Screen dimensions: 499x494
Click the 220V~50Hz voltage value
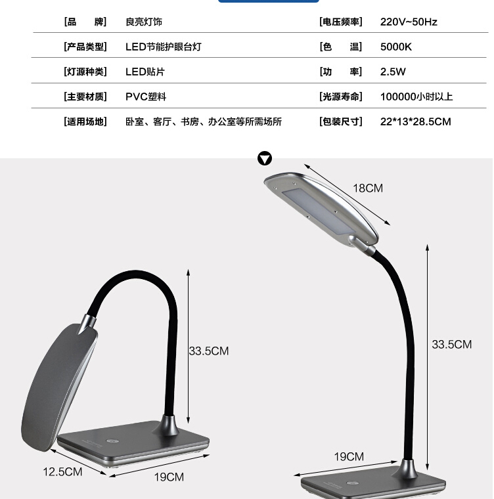[x=409, y=22]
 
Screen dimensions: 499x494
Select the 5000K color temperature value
[x=396, y=47]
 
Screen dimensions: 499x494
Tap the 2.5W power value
[x=393, y=72]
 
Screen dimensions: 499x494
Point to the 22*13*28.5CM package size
[x=415, y=121]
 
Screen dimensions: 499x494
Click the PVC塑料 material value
[x=146, y=97]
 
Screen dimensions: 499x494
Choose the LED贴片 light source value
[x=145, y=72]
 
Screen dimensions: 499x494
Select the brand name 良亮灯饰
[x=144, y=22]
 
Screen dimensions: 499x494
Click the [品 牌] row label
[x=85, y=22]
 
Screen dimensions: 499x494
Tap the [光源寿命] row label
[x=340, y=97]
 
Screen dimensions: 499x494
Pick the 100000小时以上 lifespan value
[x=416, y=97]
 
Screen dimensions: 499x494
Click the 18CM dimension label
[x=368, y=188]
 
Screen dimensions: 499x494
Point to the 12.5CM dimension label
[x=63, y=471]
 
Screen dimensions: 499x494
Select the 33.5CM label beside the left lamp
[x=209, y=351]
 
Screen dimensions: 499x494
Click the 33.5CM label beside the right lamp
[x=452, y=345]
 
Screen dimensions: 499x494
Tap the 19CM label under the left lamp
[x=169, y=477]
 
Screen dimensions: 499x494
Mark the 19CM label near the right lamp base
[x=349, y=457]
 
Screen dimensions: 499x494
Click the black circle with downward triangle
[x=265, y=158]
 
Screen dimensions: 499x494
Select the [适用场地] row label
[x=85, y=121]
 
